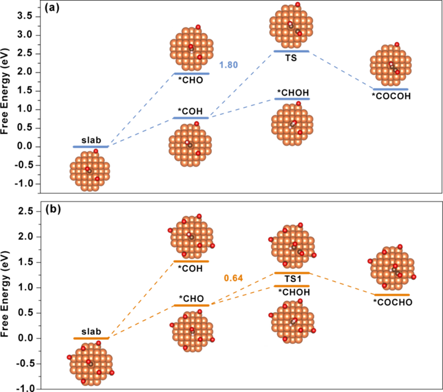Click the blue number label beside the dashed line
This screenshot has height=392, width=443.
coord(228,65)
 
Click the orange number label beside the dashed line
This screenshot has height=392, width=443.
coord(233,278)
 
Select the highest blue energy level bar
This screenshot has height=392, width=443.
coord(292,52)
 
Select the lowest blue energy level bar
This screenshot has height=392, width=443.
coord(90,147)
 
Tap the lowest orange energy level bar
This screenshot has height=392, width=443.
coord(91,338)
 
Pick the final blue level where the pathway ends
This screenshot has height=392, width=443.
coord(390,89)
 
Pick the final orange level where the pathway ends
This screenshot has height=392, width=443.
coord(391,295)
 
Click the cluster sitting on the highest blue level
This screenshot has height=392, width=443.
coord(292,25)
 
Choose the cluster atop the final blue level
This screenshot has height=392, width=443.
coord(390,64)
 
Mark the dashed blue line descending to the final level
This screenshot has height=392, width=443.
coord(341,70)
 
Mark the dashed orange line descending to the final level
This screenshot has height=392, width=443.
coord(344,284)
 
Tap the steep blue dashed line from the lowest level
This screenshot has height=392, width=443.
coord(143,109)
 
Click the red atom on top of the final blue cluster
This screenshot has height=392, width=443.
coord(397,44)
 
